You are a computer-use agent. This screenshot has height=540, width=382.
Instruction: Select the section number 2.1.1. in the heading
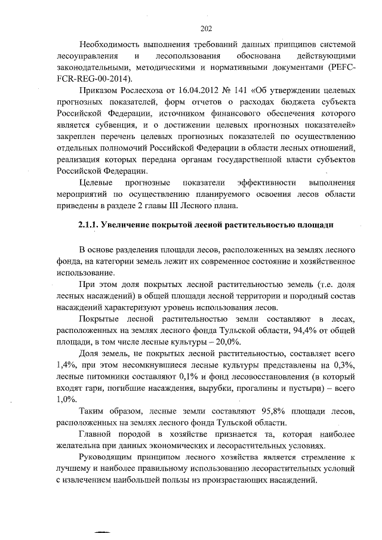click(x=88, y=224)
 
